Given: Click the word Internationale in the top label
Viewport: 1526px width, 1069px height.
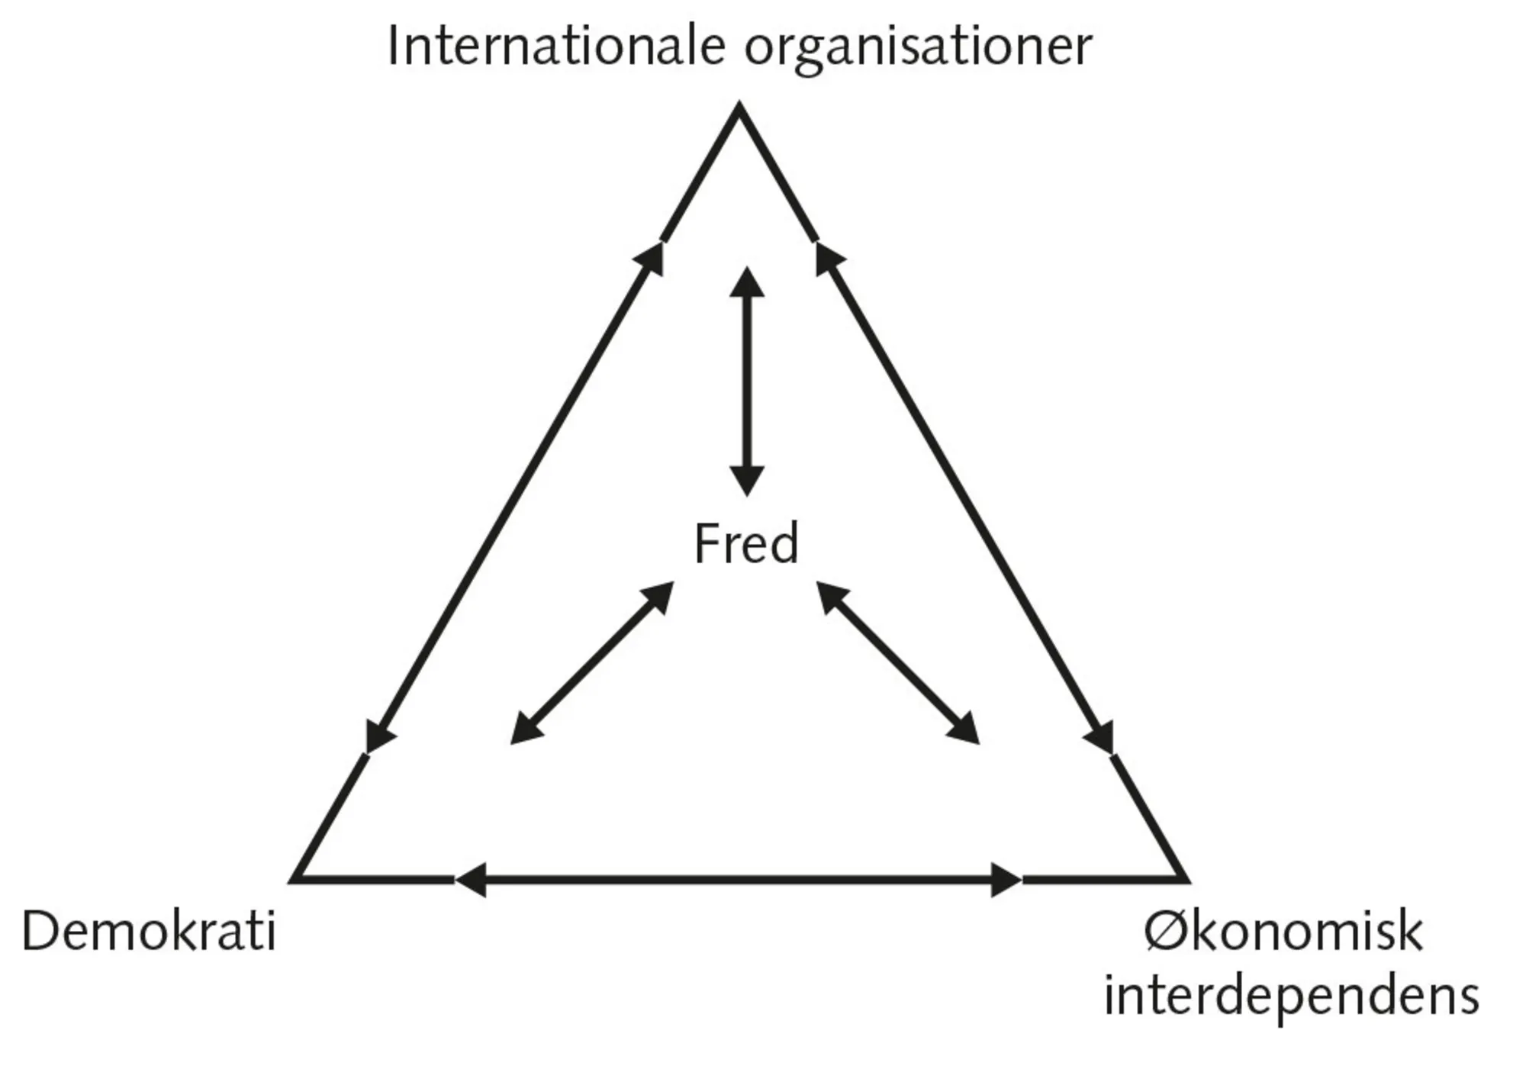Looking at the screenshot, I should point(555,46).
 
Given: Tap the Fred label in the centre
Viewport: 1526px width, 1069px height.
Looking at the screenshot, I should point(745,543).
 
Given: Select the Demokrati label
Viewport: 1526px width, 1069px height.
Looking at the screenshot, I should point(149,932).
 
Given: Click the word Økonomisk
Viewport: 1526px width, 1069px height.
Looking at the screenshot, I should point(1283,932).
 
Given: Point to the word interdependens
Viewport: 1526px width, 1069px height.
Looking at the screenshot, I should point(1291,997).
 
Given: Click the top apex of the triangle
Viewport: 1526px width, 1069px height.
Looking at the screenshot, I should point(739,108).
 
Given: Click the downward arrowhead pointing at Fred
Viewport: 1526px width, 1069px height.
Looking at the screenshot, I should point(747,481).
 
